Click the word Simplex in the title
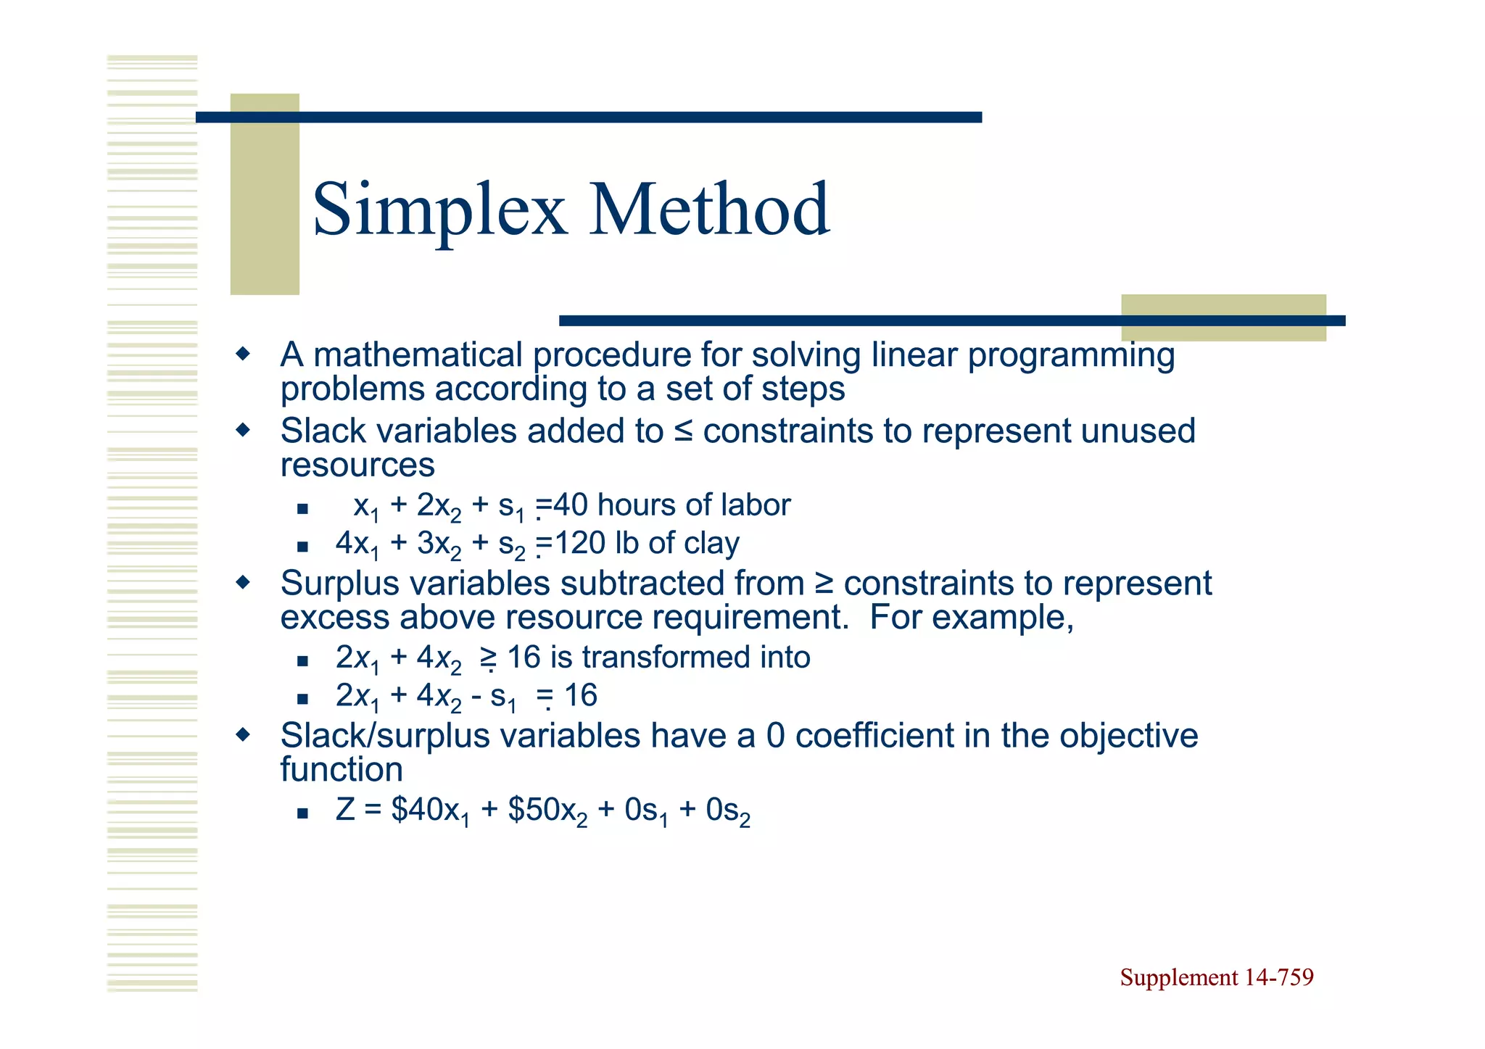[x=439, y=210]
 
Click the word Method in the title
[x=708, y=210]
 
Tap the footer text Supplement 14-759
[x=1216, y=977]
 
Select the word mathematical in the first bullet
[x=418, y=355]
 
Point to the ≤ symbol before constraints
[x=683, y=431]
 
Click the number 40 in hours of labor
[x=571, y=505]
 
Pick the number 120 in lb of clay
[x=579, y=543]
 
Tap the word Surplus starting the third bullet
[x=340, y=584]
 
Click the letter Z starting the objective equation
[x=345, y=809]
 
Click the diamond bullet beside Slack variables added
[x=243, y=430]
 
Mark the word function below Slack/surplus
[x=342, y=769]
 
